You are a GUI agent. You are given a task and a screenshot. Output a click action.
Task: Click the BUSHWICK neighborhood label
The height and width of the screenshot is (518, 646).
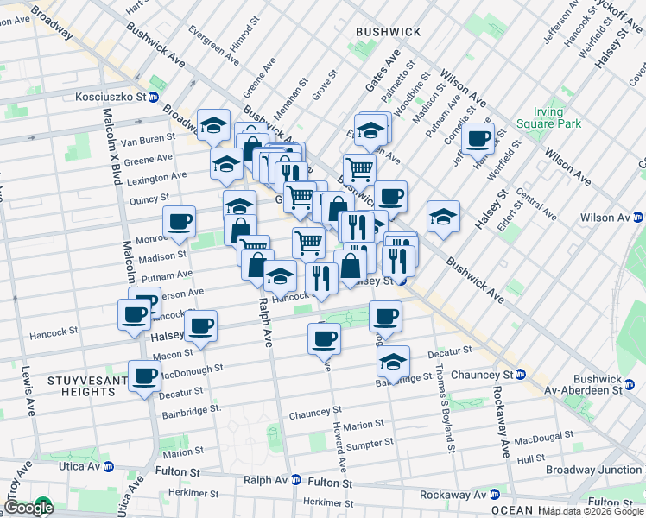click(x=388, y=32)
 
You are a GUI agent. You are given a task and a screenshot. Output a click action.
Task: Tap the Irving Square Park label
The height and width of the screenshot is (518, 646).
click(x=541, y=118)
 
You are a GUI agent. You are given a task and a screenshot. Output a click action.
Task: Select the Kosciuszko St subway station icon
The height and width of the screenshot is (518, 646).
click(x=154, y=98)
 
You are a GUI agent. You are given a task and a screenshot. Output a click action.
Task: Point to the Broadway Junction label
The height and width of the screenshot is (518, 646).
click(x=593, y=470)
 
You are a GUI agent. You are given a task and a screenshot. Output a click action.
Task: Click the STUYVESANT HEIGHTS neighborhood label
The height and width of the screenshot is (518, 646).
click(x=83, y=386)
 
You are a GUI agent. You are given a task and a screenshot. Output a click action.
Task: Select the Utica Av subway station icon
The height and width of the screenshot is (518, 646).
click(x=109, y=466)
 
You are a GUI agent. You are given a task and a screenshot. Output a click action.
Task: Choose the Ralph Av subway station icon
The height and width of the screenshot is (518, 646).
click(x=296, y=480)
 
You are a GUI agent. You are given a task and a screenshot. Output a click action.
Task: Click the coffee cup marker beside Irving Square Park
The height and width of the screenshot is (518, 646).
click(x=478, y=137)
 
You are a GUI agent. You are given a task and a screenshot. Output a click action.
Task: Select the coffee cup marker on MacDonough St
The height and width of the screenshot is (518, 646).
click(x=144, y=375)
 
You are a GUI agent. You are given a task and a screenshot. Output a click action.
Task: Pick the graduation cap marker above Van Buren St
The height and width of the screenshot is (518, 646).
click(x=213, y=124)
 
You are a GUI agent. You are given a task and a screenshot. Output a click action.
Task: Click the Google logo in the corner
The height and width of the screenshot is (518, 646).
click(x=28, y=508)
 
